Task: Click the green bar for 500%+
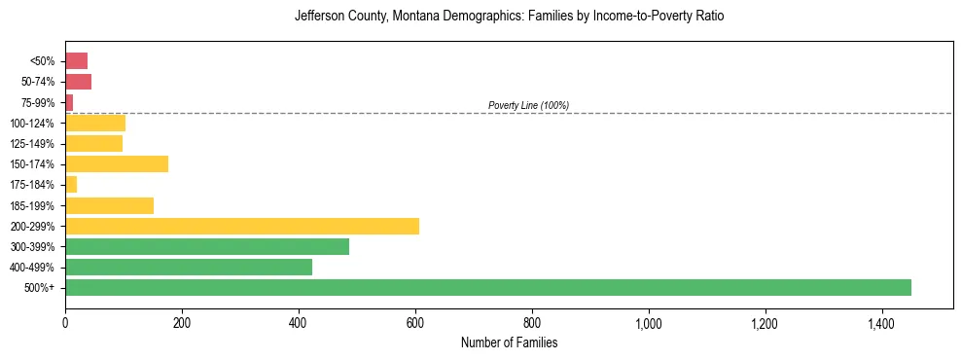click(487, 287)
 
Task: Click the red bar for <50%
click(76, 61)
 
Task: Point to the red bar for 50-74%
click(78, 82)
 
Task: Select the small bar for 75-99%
click(69, 102)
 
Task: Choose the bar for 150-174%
click(117, 163)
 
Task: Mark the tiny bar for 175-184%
click(71, 184)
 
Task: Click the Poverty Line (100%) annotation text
click(528, 105)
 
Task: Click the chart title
click(509, 17)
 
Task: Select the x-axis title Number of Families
click(509, 342)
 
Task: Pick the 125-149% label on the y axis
click(34, 144)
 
